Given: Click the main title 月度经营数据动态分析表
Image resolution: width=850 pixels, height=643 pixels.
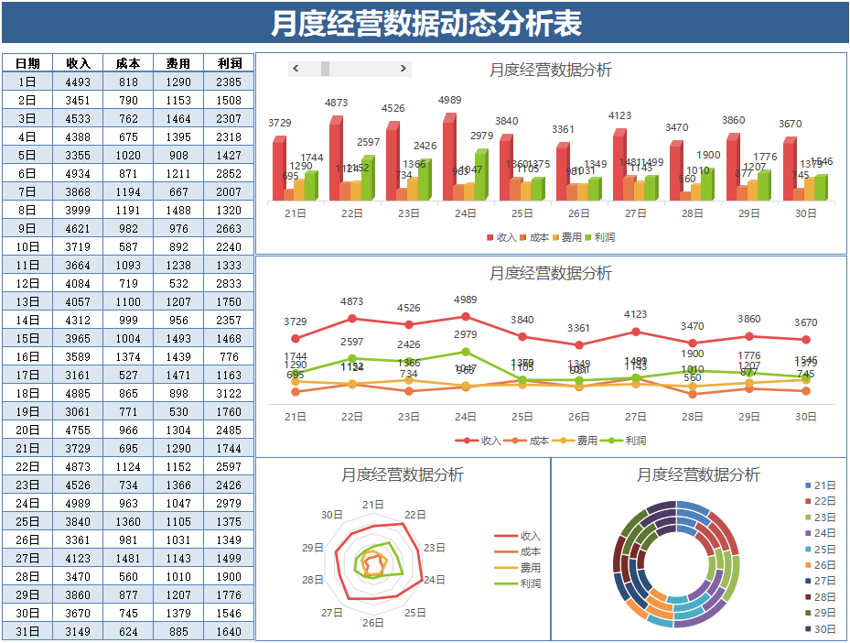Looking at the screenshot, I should pyautogui.click(x=425, y=23).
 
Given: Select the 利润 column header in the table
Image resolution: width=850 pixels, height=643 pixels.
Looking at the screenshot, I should pyautogui.click(x=229, y=63).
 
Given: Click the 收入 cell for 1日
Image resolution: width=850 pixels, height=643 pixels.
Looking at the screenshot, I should pyautogui.click(x=78, y=82).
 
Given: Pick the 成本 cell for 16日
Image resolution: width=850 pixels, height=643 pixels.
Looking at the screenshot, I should pyautogui.click(x=128, y=356).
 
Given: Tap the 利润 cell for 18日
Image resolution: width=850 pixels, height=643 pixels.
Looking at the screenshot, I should pyautogui.click(x=229, y=393).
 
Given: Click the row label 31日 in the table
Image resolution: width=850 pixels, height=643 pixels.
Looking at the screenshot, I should pyautogui.click(x=27, y=631).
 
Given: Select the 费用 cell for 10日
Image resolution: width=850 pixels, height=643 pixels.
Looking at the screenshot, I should pyautogui.click(x=178, y=246).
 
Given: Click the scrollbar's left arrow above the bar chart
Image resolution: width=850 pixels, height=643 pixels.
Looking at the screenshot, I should pyautogui.click(x=296, y=69).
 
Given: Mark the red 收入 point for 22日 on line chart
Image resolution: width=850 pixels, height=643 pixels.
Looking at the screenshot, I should pyautogui.click(x=352, y=319).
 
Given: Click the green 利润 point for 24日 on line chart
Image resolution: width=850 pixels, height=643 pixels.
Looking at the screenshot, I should pyautogui.click(x=466, y=352).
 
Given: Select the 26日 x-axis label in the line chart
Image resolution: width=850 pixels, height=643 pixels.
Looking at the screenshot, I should pyautogui.click(x=578, y=417).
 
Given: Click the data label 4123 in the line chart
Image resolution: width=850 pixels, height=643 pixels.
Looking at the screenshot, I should pyautogui.click(x=635, y=314).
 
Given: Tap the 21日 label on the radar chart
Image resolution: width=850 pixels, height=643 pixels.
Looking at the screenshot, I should pyautogui.click(x=373, y=505).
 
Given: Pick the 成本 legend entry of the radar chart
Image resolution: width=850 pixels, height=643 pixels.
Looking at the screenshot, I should pyautogui.click(x=530, y=551).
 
